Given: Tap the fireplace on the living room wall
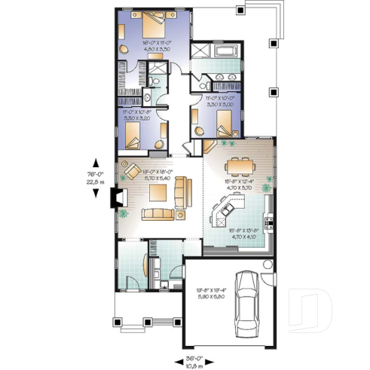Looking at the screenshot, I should click(115, 197).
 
